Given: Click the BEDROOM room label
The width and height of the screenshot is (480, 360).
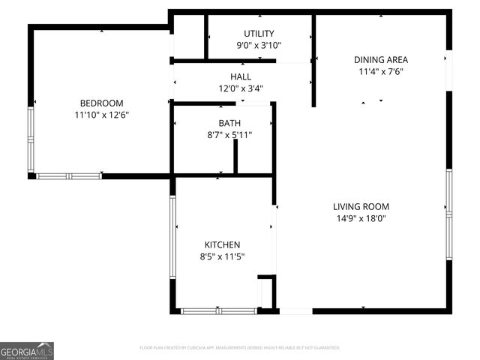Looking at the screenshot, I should coord(101,103).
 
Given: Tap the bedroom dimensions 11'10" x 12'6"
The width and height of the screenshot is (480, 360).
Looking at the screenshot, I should coord(101,115).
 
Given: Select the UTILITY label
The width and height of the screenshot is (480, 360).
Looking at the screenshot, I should coord(259,34).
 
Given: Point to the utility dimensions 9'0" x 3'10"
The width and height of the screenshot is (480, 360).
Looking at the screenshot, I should coord(259,45).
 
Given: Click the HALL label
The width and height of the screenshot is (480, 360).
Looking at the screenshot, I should coord(241,77).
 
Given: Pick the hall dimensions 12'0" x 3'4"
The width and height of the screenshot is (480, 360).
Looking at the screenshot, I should coord(241,88).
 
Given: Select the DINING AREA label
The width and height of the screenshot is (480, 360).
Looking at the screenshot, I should coord(381,60).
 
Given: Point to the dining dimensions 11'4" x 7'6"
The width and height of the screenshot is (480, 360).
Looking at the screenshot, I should coord(381,72).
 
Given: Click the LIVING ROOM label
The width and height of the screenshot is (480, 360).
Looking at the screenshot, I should coord(361,207).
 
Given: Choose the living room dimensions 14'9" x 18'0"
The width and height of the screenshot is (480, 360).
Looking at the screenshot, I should coord(361,219).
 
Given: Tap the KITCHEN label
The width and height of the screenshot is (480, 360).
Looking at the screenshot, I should coord(223,245).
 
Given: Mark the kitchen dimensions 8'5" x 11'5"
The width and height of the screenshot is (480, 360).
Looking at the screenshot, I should coord(223,256).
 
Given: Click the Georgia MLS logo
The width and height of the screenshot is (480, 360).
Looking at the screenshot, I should coord(27,350).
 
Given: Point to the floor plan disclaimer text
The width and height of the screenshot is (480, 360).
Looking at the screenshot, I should coord(240,348).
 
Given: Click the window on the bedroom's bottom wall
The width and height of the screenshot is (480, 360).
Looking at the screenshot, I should coord(69,176).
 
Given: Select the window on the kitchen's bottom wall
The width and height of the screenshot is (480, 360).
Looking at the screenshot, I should coord(218,310).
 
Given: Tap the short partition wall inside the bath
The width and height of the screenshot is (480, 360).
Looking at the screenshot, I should coord(235,156).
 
